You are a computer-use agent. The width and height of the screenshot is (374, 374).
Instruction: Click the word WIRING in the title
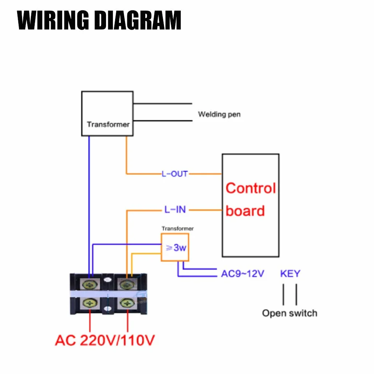(x=53, y=20)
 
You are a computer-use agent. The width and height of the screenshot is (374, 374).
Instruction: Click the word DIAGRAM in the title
(x=138, y=20)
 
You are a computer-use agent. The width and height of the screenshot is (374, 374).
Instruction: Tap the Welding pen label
(x=219, y=114)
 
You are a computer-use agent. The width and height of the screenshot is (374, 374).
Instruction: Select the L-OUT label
(x=175, y=174)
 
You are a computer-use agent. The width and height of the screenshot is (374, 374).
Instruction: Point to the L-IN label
(x=175, y=209)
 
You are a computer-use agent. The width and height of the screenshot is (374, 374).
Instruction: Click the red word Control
(x=251, y=188)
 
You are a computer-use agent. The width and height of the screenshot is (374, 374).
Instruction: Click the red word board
(x=245, y=211)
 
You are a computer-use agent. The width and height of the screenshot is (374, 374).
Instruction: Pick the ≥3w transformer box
(x=175, y=247)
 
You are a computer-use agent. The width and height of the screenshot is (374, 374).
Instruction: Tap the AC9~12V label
(x=242, y=274)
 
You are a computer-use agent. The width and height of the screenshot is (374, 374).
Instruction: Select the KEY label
(x=290, y=274)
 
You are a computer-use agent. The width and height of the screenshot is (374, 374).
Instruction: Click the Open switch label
(x=290, y=313)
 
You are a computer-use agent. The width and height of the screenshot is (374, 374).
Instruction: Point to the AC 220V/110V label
(x=105, y=340)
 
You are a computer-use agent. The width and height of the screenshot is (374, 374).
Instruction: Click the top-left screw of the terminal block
(x=89, y=284)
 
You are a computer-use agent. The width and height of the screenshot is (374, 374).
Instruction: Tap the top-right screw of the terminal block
(x=127, y=284)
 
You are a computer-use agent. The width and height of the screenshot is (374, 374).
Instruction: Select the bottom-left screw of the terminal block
(x=90, y=303)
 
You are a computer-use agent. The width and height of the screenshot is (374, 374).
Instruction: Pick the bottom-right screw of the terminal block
(x=127, y=303)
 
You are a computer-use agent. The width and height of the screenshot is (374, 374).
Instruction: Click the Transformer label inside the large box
(x=108, y=124)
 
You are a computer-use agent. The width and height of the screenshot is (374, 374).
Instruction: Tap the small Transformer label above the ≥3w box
(x=178, y=228)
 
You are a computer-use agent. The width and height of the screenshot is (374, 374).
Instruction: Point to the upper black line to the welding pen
(x=163, y=104)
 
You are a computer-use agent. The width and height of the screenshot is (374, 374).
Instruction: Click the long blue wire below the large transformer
(x=89, y=207)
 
